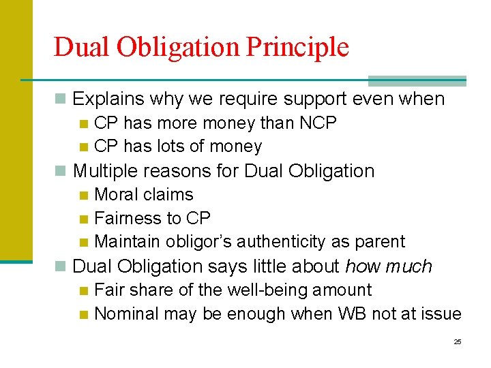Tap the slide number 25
(x=458, y=341)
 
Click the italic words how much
(x=389, y=266)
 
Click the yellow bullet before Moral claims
(x=84, y=196)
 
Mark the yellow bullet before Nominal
(x=84, y=315)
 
